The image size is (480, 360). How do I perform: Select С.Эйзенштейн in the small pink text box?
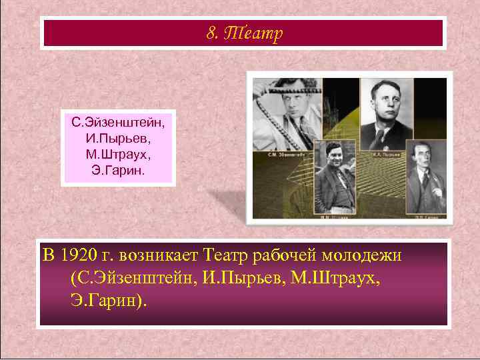coord(118,123)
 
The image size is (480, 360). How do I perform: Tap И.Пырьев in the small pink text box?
coord(118,139)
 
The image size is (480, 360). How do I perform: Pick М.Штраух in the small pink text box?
coord(118,155)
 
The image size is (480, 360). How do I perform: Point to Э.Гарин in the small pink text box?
coord(118,171)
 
